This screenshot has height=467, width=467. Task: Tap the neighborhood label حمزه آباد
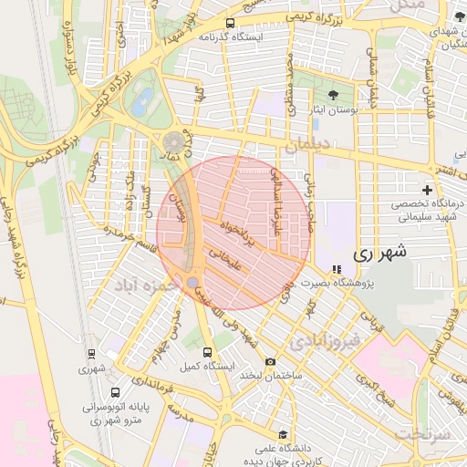(145, 285)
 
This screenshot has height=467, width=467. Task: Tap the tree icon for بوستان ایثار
(331, 94)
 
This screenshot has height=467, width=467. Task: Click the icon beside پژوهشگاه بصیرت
(337, 269)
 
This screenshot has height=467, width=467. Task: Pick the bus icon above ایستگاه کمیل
(208, 351)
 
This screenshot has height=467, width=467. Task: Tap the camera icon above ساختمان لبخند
(270, 362)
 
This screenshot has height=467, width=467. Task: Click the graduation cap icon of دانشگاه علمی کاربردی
(284, 434)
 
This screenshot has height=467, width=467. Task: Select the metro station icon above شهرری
(91, 354)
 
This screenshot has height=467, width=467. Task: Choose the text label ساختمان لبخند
(270, 375)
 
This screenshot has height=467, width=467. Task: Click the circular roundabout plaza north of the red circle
(173, 143)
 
